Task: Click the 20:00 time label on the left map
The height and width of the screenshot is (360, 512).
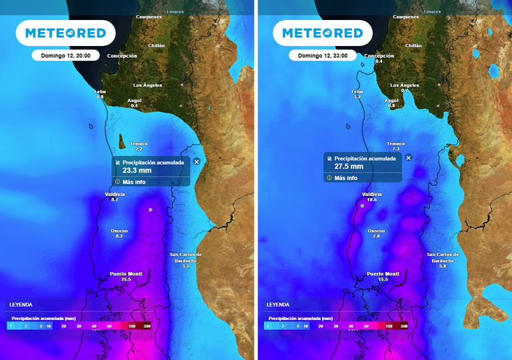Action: point(65,55)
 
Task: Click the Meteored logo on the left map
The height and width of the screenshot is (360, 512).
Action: point(65,33)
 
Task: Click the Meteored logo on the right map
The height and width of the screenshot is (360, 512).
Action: point(323,33)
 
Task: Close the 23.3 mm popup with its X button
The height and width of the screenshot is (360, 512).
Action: point(197,161)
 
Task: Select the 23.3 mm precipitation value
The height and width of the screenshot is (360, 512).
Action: point(137,171)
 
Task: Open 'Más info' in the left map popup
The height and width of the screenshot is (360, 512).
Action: point(134,181)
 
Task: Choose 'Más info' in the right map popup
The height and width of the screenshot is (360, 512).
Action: point(346,178)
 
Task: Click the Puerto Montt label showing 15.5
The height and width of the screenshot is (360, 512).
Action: point(383,273)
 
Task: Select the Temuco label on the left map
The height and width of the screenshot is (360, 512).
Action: point(139,143)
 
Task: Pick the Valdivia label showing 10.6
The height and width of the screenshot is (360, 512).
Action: point(372,194)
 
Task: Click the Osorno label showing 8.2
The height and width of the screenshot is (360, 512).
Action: point(119,231)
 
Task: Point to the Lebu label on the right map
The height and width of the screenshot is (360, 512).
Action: point(357,91)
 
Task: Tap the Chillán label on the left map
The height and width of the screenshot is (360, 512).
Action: point(156,45)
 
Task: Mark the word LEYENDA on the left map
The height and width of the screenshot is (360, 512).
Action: point(20,304)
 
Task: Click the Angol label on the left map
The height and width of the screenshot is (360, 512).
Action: point(134,101)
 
